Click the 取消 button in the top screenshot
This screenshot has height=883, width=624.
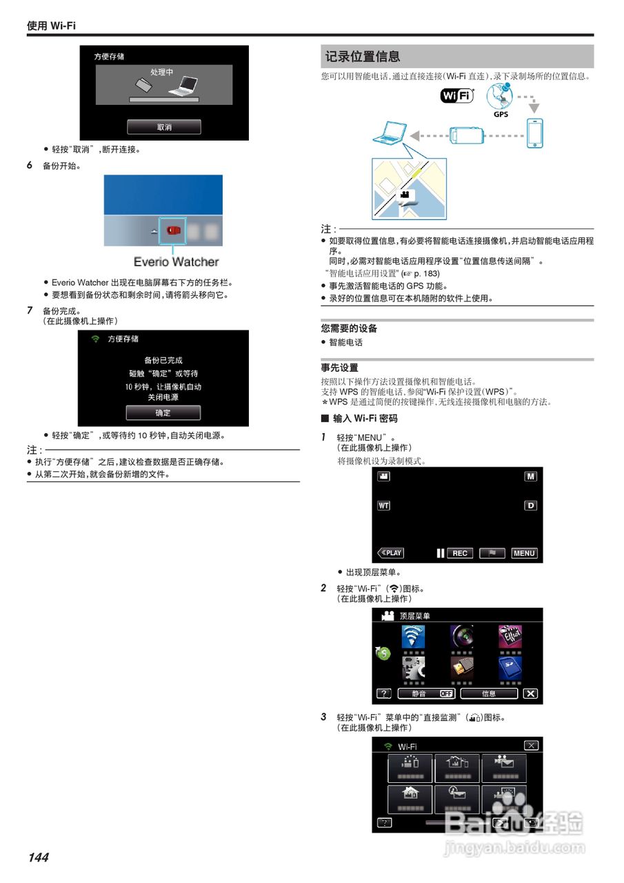pyautogui.click(x=163, y=127)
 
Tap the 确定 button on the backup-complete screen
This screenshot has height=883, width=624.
pyautogui.click(x=163, y=413)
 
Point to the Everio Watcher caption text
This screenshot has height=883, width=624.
pyautogui.click(x=176, y=262)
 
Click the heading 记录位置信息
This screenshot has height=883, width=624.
pyautogui.click(x=363, y=57)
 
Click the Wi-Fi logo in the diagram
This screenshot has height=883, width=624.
pyautogui.click(x=457, y=96)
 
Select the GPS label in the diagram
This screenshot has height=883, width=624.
pyautogui.click(x=501, y=115)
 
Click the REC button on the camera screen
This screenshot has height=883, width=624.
pyautogui.click(x=460, y=553)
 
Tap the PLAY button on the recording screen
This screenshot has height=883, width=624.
pyautogui.click(x=390, y=553)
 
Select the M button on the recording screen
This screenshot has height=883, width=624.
pyautogui.click(x=530, y=477)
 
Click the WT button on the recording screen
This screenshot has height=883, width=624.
pyautogui.click(x=383, y=506)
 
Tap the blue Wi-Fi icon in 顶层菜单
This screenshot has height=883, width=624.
pyautogui.click(x=413, y=636)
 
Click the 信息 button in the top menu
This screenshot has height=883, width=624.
pyautogui.click(x=489, y=693)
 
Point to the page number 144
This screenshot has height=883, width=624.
pyautogui.click(x=39, y=857)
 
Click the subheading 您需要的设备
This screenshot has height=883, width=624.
pyautogui.click(x=349, y=328)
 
